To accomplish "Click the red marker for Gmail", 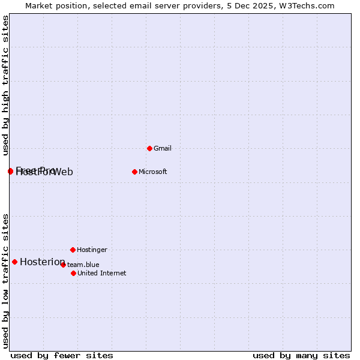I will tap(149, 148).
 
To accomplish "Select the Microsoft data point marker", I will tap(134, 172).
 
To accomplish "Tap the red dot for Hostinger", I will tap(73, 250).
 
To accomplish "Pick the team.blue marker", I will tap(63, 265).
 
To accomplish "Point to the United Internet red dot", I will tap(73, 273).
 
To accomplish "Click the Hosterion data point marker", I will tap(14, 262).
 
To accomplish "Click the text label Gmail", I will tap(163, 148).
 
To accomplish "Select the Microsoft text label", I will tap(152, 172).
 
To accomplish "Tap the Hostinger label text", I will tap(92, 250).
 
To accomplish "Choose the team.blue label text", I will tap(83, 265).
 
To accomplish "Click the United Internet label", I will tap(101, 273).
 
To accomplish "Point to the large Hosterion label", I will tap(42, 262).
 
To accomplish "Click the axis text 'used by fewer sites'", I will tap(61, 355).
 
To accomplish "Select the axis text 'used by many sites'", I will tap(301, 355).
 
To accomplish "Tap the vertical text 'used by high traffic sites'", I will tap(5, 85).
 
